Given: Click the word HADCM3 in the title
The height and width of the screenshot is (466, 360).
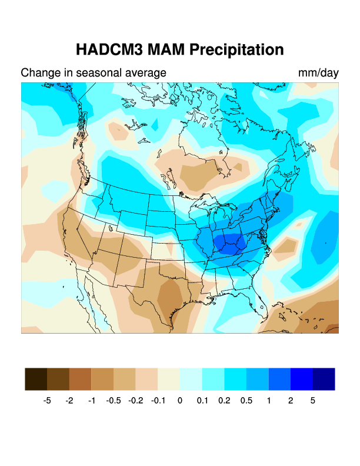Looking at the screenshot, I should [x=109, y=49].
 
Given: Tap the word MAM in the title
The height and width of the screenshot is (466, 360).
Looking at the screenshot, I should [x=166, y=49].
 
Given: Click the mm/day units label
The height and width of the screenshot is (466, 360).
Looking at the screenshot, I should [x=318, y=73].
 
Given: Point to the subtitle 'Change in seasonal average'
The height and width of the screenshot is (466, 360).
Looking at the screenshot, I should [x=94, y=73].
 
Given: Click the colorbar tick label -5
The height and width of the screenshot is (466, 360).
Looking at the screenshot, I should [x=48, y=401].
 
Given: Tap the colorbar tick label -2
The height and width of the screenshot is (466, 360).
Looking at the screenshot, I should [x=69, y=401].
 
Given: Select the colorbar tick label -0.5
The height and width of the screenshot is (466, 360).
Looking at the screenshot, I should [x=114, y=401].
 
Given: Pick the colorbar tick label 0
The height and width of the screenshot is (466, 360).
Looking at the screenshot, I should [x=180, y=401].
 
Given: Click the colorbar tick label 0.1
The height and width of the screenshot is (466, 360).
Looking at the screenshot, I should [x=202, y=401].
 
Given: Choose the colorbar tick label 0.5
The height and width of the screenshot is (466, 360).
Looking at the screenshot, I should [x=246, y=401].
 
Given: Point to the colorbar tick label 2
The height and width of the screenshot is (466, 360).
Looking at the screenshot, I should [x=291, y=401].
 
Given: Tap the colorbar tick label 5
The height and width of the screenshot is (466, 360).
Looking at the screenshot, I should [x=313, y=401].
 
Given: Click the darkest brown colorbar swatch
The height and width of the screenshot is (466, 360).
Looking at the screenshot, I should [x=36, y=379].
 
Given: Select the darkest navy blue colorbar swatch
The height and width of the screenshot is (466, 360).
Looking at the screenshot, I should [x=324, y=379].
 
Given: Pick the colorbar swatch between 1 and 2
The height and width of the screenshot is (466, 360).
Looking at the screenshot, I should [x=279, y=379].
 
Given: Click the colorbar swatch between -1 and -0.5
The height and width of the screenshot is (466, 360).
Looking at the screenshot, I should [x=102, y=379].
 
